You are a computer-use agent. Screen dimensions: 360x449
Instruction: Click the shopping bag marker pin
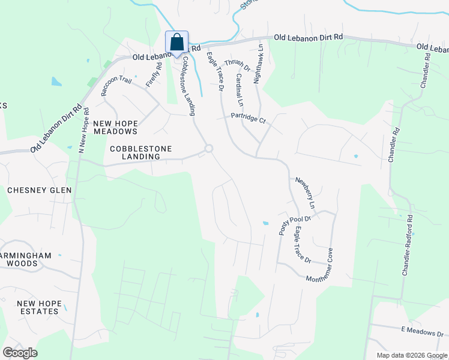[x=176, y=43]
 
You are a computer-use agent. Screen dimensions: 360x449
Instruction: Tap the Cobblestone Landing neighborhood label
[x=141, y=152]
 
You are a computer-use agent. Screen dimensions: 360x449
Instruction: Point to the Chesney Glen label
[x=39, y=190]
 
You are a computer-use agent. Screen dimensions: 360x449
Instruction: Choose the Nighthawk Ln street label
[x=258, y=62]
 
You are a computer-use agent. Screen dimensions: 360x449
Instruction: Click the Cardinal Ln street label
[x=238, y=88]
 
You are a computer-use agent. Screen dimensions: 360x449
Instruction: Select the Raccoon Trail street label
[x=116, y=86]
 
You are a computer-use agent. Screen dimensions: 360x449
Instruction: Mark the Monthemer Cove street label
[x=328, y=269]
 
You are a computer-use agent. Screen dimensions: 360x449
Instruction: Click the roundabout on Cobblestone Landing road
[x=209, y=148]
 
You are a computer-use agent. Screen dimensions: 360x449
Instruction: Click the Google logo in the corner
[x=20, y=353]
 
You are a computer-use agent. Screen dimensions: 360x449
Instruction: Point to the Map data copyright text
[x=412, y=355]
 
